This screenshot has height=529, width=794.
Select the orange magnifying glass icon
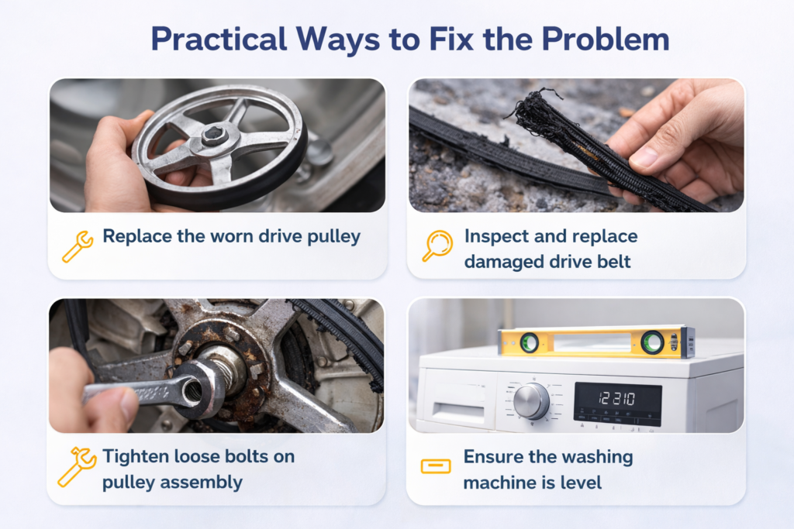[x=437, y=246]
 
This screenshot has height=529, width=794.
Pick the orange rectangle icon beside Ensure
[x=436, y=466]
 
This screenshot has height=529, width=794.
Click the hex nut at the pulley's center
[x=213, y=136]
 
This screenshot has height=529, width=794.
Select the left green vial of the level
[x=530, y=342]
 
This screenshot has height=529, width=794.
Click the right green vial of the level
[x=652, y=342]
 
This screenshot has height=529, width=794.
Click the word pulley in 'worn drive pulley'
[x=333, y=237]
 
